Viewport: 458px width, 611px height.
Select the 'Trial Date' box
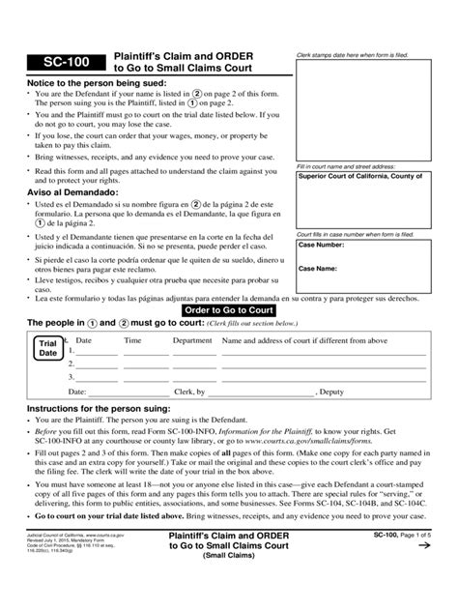click(x=45, y=349)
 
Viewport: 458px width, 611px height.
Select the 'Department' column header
click(x=192, y=340)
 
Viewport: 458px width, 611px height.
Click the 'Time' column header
click(x=132, y=340)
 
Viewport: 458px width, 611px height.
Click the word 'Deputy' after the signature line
click(x=332, y=393)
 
